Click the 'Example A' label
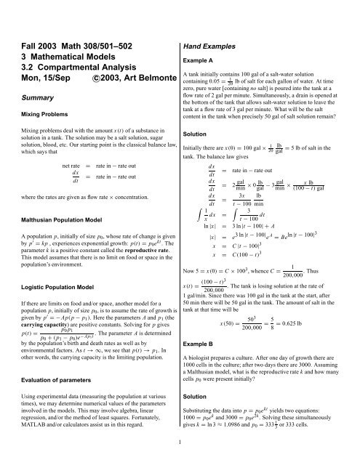(202, 62)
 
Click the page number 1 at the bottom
(180, 459)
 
